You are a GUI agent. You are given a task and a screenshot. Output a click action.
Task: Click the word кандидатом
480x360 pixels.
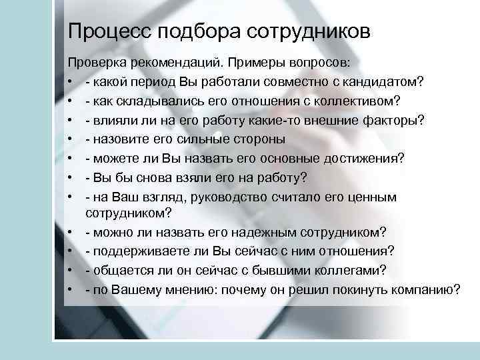[382, 83]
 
